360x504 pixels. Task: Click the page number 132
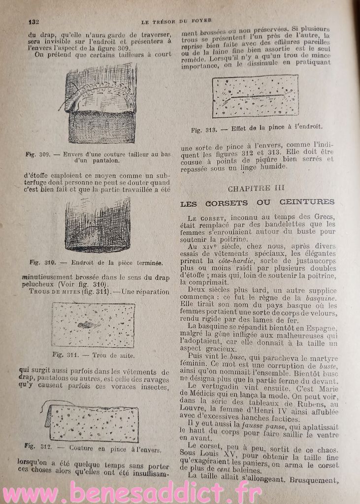pyautogui.click(x=33, y=21)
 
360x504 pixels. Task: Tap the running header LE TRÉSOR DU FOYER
pyautogui.click(x=176, y=20)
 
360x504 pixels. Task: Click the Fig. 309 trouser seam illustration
pyautogui.click(x=101, y=104)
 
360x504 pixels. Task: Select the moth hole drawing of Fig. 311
pyautogui.click(x=93, y=324)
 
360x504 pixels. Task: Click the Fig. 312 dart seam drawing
pyautogui.click(x=93, y=422)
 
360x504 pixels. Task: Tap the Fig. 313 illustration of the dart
pyautogui.click(x=255, y=96)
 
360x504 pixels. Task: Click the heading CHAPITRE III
pyautogui.click(x=256, y=188)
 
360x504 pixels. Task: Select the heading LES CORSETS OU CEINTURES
pyautogui.click(x=257, y=202)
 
